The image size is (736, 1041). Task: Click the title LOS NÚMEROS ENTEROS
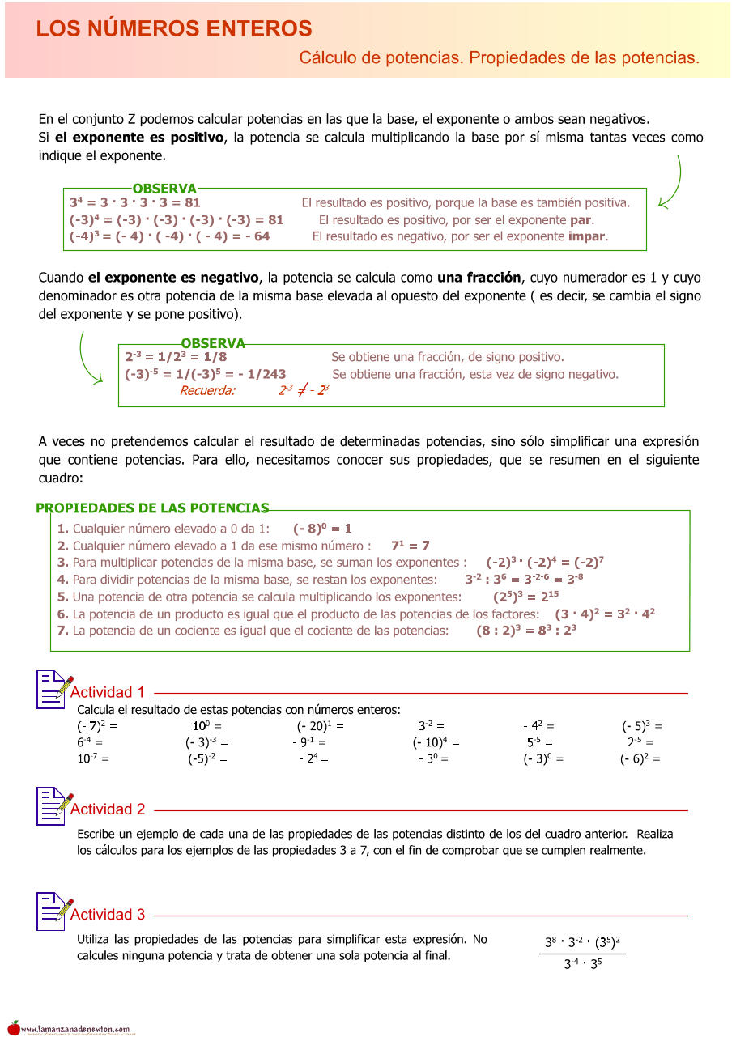pyautogui.click(x=174, y=29)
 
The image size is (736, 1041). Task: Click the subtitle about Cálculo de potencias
pyautogui.click(x=499, y=58)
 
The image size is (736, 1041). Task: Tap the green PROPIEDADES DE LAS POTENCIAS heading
pyautogui.click(x=152, y=508)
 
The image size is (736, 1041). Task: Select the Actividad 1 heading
pyautogui.click(x=108, y=692)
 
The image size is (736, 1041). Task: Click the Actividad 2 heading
pyautogui.click(x=108, y=809)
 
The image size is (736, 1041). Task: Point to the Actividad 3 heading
pyautogui.click(x=108, y=915)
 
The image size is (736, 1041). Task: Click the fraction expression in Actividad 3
pyautogui.click(x=582, y=954)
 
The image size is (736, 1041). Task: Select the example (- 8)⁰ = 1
pyautogui.click(x=322, y=529)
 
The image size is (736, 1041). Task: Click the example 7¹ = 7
pyautogui.click(x=410, y=546)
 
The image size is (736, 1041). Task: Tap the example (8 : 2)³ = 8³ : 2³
pyautogui.click(x=525, y=631)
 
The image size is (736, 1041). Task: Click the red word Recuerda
pyautogui.click(x=207, y=390)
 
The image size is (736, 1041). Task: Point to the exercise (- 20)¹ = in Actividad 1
pyautogui.click(x=320, y=726)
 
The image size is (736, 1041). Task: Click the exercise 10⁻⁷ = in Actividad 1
pyautogui.click(x=92, y=758)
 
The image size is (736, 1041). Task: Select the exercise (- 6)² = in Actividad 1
pyautogui.click(x=640, y=758)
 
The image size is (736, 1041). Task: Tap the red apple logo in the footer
pyautogui.click(x=14, y=1027)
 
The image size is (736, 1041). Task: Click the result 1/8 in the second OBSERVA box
pyautogui.click(x=215, y=357)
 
